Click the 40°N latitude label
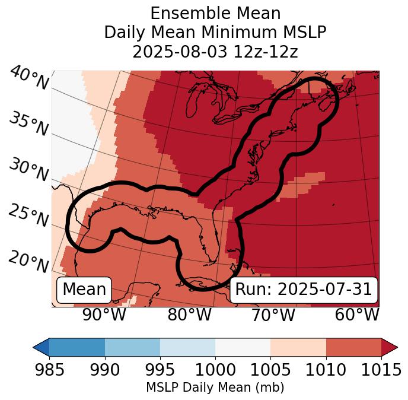[x=28, y=78]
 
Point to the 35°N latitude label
[x=28, y=124]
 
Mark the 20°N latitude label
[x=28, y=261]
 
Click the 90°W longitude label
[x=104, y=315]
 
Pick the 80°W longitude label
[x=190, y=315]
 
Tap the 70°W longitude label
[x=273, y=315]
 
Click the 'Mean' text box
[x=84, y=290]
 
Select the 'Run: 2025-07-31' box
[x=304, y=290]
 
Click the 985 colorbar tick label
[x=49, y=370]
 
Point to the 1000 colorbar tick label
[x=215, y=370]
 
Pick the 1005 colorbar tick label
[x=270, y=370]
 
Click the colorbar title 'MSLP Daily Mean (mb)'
[x=215, y=388]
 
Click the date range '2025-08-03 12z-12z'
[x=215, y=52]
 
